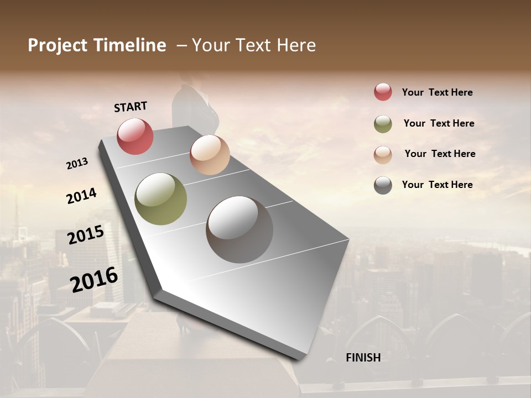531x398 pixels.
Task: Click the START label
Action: pyautogui.click(x=131, y=107)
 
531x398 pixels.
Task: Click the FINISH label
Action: pyautogui.click(x=363, y=358)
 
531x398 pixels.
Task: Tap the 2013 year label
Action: pyautogui.click(x=77, y=164)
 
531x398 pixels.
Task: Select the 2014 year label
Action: pyautogui.click(x=81, y=196)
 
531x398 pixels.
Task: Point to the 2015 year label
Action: pyautogui.click(x=86, y=235)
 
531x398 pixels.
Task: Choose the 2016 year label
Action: pyautogui.click(x=94, y=280)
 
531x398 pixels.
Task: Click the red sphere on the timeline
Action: pyautogui.click(x=135, y=136)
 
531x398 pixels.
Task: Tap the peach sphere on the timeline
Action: pyautogui.click(x=210, y=155)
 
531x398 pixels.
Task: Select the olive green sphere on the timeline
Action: pyautogui.click(x=160, y=199)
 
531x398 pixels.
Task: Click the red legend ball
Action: pyautogui.click(x=383, y=92)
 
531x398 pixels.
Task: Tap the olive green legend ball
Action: pyautogui.click(x=383, y=124)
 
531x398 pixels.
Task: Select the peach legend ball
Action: pyautogui.click(x=383, y=155)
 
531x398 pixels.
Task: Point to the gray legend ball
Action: pyautogui.click(x=383, y=185)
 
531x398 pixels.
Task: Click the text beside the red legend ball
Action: pyautogui.click(x=437, y=92)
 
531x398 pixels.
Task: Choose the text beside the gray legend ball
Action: pyautogui.click(x=437, y=185)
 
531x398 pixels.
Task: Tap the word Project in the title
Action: pyautogui.click(x=58, y=45)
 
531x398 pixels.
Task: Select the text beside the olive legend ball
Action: pyautogui.click(x=439, y=123)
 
